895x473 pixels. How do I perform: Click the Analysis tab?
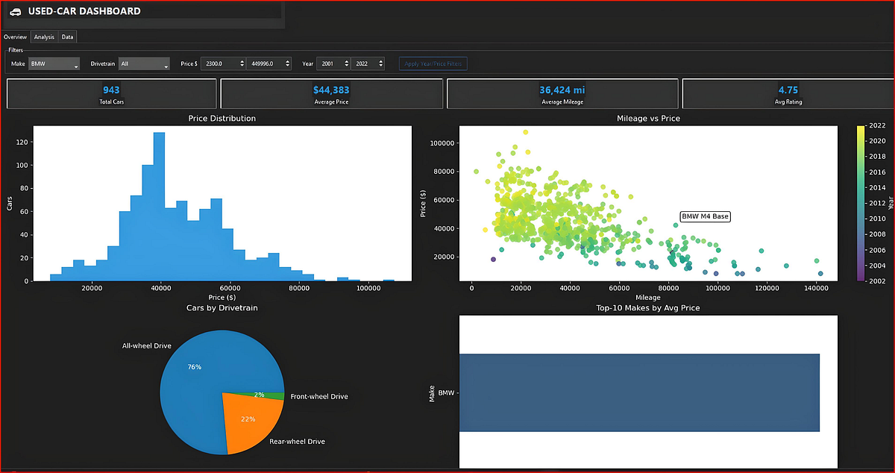[44, 37]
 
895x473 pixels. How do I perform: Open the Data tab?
[67, 37]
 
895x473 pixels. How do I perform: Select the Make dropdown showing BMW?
[54, 64]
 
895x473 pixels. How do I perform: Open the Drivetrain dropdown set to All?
[144, 64]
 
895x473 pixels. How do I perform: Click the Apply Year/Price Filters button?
[433, 64]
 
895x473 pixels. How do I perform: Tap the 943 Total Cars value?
[110, 90]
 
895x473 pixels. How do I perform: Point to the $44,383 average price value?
[331, 90]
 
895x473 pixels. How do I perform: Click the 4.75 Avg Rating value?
[788, 90]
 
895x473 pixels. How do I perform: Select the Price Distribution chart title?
[222, 119]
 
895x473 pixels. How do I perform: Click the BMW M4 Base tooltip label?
[705, 216]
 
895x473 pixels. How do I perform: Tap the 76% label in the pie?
[194, 367]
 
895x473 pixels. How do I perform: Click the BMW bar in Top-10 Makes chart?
[638, 392]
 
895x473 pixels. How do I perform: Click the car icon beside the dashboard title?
[15, 11]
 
